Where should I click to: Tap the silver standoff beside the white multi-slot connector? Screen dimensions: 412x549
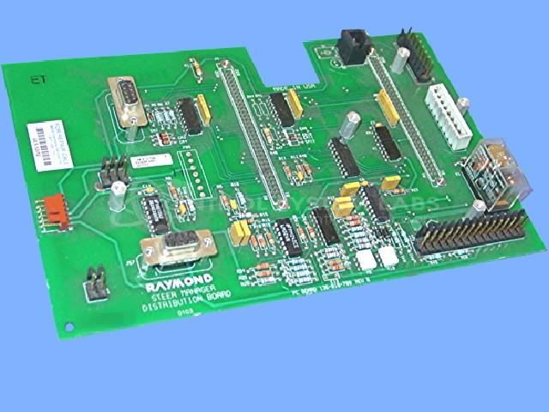[x=464, y=106]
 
